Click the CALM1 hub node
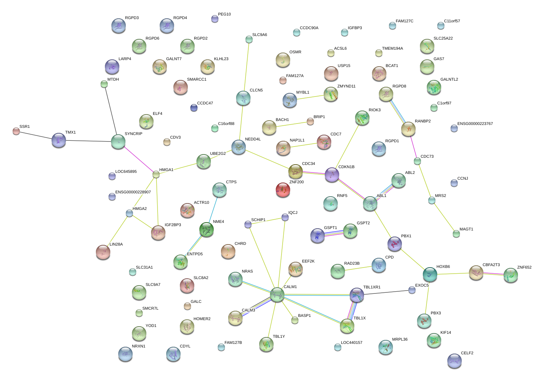tap(277, 294)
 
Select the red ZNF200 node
tap(283, 190)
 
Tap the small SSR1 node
tap(16, 131)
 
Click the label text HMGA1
tap(166, 170)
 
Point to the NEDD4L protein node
tap(239, 147)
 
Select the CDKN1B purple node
tap(332, 175)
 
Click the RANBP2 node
tap(408, 129)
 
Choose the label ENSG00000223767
tap(475, 124)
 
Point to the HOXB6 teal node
tap(430, 274)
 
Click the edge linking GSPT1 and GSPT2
tap(334, 233)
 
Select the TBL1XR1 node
tap(356, 295)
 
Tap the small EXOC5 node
tap(412, 290)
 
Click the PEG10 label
tap(224, 14)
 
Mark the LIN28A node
tap(103, 252)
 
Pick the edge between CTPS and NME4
tap(213, 210)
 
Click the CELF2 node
tap(454, 361)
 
